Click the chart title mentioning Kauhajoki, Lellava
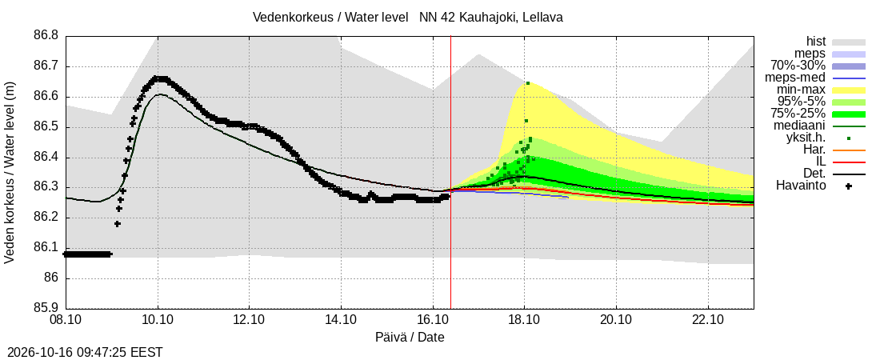point(408,18)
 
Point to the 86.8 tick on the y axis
point(46,36)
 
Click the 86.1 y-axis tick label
point(46,248)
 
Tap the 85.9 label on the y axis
point(46,308)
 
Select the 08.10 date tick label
point(66,320)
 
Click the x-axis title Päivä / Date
point(410,338)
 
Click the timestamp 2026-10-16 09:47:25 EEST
point(82,353)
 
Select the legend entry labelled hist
point(815,41)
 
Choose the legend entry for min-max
point(801,90)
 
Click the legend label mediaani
point(799,126)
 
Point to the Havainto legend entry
point(801,186)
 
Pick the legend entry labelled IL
point(821,162)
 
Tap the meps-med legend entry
point(796,78)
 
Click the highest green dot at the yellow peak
point(527,83)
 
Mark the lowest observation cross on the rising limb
point(118,224)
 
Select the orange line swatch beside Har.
point(849,150)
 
